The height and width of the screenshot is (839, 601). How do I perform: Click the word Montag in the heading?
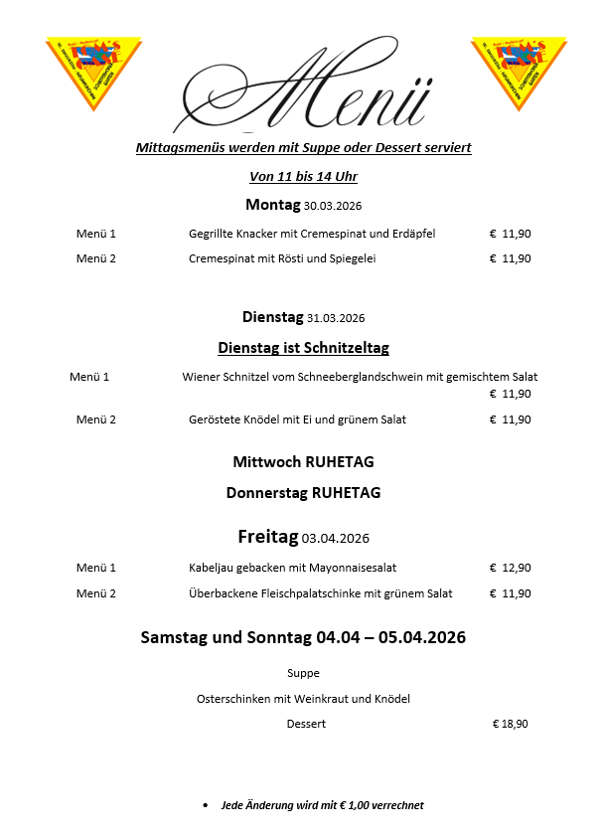click(272, 205)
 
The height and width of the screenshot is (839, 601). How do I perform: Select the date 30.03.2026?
click(332, 207)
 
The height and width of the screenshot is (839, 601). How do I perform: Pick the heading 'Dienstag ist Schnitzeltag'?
click(303, 348)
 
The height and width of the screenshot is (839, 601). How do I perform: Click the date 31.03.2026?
click(336, 319)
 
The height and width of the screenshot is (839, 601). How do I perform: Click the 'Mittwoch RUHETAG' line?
click(303, 462)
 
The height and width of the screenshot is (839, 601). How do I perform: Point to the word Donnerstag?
click(267, 493)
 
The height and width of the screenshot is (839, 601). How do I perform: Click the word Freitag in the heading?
click(267, 537)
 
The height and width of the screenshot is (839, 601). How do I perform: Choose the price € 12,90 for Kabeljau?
click(510, 568)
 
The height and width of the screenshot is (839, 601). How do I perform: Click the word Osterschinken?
click(238, 699)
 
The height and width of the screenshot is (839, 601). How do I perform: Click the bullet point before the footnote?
click(205, 805)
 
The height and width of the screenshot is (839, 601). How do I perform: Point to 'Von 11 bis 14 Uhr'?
click(303, 177)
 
